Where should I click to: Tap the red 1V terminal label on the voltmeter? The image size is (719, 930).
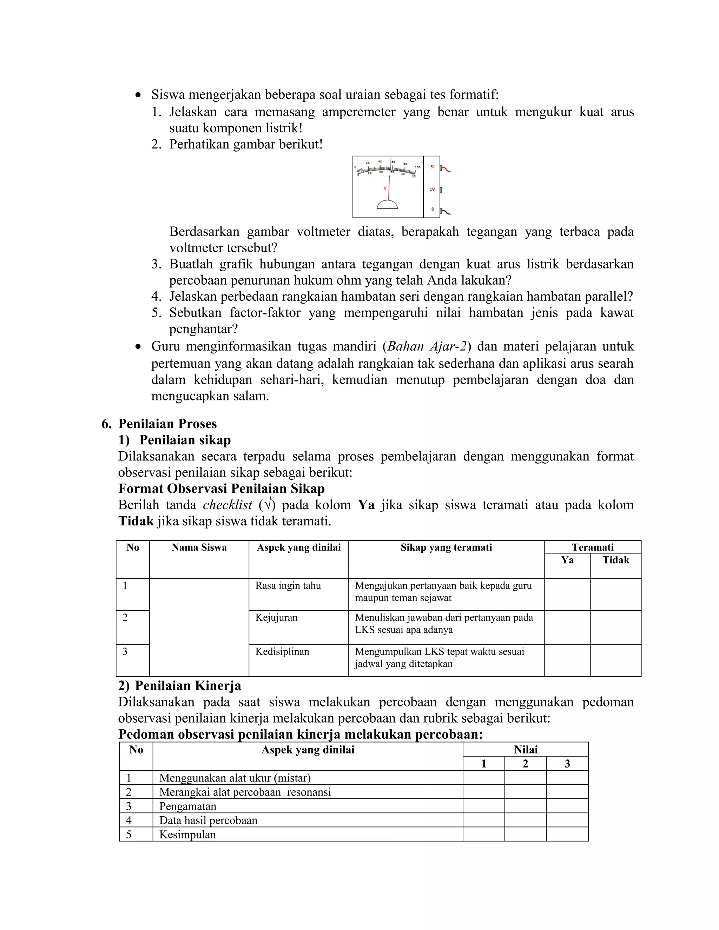point(432,190)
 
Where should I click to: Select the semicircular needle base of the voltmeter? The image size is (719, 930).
point(387,205)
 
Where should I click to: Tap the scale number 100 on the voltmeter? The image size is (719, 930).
point(418,167)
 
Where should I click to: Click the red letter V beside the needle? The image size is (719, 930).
point(385,188)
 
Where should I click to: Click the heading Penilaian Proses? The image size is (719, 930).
point(167,424)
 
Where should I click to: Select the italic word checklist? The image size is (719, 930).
point(227,505)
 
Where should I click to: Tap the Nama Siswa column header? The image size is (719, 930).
point(199,547)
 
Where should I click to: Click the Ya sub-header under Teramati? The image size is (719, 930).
point(567,560)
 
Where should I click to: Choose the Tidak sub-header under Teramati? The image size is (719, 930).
point(615,560)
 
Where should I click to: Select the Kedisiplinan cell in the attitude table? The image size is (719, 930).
point(282,651)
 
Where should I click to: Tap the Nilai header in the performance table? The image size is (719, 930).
point(526,750)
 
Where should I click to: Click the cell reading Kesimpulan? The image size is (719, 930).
point(187,835)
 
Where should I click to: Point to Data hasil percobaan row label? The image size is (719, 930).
point(208,821)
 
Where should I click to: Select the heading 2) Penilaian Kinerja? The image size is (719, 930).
point(180,686)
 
